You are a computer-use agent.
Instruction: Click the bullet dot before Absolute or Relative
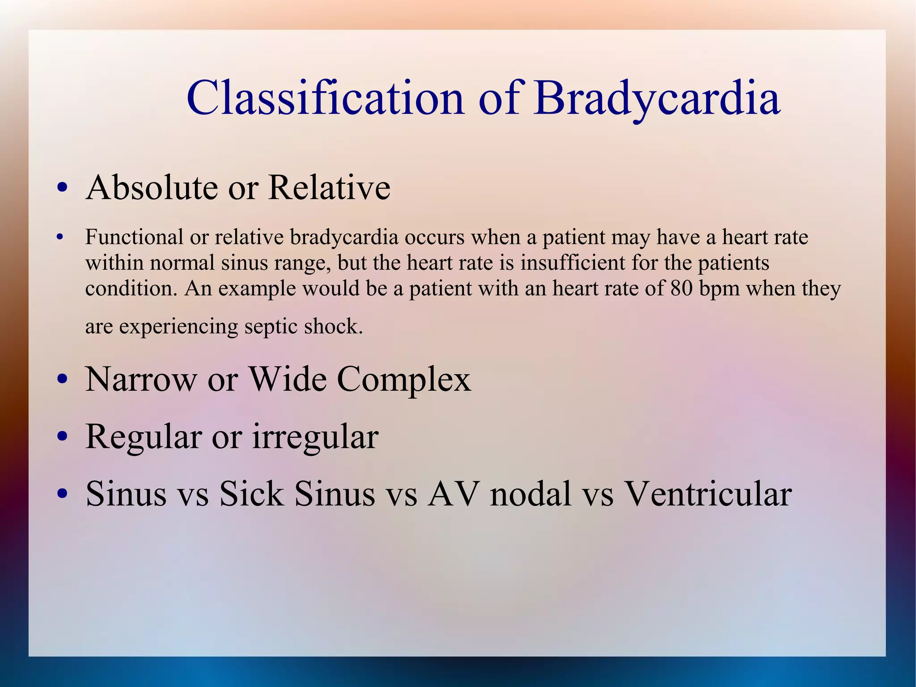(62, 188)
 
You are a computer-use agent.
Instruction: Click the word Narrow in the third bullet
(141, 380)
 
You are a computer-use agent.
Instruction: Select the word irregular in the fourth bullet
(315, 437)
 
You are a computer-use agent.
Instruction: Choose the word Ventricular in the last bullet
(708, 494)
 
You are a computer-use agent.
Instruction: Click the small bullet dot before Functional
(60, 237)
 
